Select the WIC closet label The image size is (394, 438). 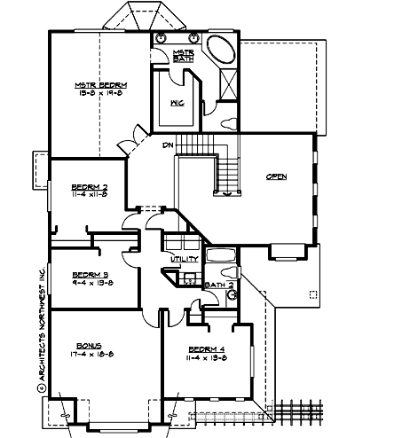[x=177, y=103]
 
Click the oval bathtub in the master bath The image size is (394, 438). [x=218, y=49]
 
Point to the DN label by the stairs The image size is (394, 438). [x=166, y=145]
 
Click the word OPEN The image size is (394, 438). [x=276, y=177]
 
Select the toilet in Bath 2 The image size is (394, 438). [x=229, y=273]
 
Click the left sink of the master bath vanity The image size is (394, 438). [x=164, y=38]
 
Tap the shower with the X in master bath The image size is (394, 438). [x=225, y=86]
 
